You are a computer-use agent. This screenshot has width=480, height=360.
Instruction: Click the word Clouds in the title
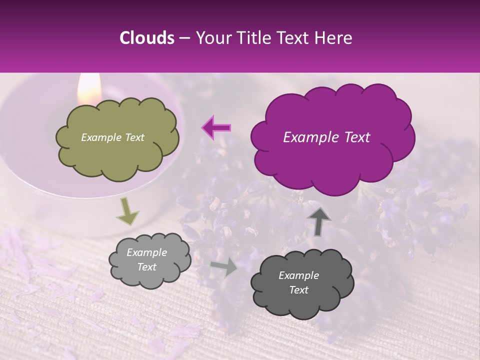147,38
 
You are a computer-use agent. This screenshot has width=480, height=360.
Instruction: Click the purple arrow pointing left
216,127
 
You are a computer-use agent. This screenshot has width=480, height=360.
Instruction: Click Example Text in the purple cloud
326,137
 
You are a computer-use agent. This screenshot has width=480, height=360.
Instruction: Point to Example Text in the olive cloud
112,137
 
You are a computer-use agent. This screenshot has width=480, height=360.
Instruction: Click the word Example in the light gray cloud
146,252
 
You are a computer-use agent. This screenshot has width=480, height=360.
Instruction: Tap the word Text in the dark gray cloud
298,290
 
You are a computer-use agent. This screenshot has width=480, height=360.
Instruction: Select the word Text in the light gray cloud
146,267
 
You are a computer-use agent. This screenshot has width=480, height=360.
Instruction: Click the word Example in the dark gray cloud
298,275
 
